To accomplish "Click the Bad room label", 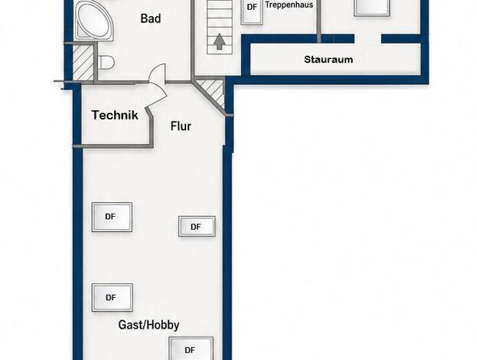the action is [151, 18].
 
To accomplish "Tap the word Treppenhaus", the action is [289, 5].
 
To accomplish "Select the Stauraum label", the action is [328, 59].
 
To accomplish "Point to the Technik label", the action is [115, 115].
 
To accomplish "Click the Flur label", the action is [181, 126].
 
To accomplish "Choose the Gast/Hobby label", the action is [148, 325].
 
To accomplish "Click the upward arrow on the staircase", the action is [219, 41].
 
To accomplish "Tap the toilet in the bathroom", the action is [106, 62].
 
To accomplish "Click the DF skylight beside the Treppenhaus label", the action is [252, 11].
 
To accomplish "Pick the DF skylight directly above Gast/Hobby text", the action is [112, 298].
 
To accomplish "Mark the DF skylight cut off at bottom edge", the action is [191, 349].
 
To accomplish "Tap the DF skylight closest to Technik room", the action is [112, 217].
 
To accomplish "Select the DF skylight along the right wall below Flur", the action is [197, 227].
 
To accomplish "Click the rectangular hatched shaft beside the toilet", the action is [83, 63].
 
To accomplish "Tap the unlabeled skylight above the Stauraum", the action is [372, 8].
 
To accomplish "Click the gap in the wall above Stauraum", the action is [368, 38].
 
